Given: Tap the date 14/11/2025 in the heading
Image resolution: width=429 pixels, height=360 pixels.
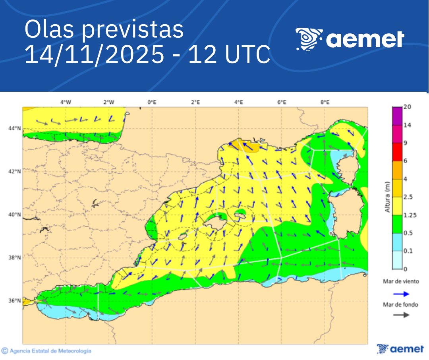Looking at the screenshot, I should pyautogui.click(x=94, y=55).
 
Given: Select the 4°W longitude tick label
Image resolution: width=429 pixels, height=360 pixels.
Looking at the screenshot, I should pyautogui.click(x=66, y=102).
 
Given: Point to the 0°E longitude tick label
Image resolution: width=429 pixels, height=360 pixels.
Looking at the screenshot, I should pyautogui.click(x=152, y=102).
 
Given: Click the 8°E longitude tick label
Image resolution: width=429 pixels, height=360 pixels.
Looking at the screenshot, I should pyautogui.click(x=325, y=102).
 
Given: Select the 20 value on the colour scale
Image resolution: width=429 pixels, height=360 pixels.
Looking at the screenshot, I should pyautogui.click(x=407, y=106).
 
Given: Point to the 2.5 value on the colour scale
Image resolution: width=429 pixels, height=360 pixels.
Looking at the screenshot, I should pyautogui.click(x=408, y=197).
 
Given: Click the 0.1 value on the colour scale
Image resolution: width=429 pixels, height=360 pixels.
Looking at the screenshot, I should pyautogui.click(x=408, y=251).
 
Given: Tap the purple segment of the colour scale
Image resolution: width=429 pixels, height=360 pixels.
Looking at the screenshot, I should pyautogui.click(x=397, y=116).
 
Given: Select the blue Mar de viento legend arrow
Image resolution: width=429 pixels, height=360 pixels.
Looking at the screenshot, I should pyautogui.click(x=401, y=294).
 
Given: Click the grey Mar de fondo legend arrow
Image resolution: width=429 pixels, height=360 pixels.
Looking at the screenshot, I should pyautogui.click(x=401, y=315).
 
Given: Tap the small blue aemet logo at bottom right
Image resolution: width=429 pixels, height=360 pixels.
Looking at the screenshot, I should pyautogui.click(x=400, y=349).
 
